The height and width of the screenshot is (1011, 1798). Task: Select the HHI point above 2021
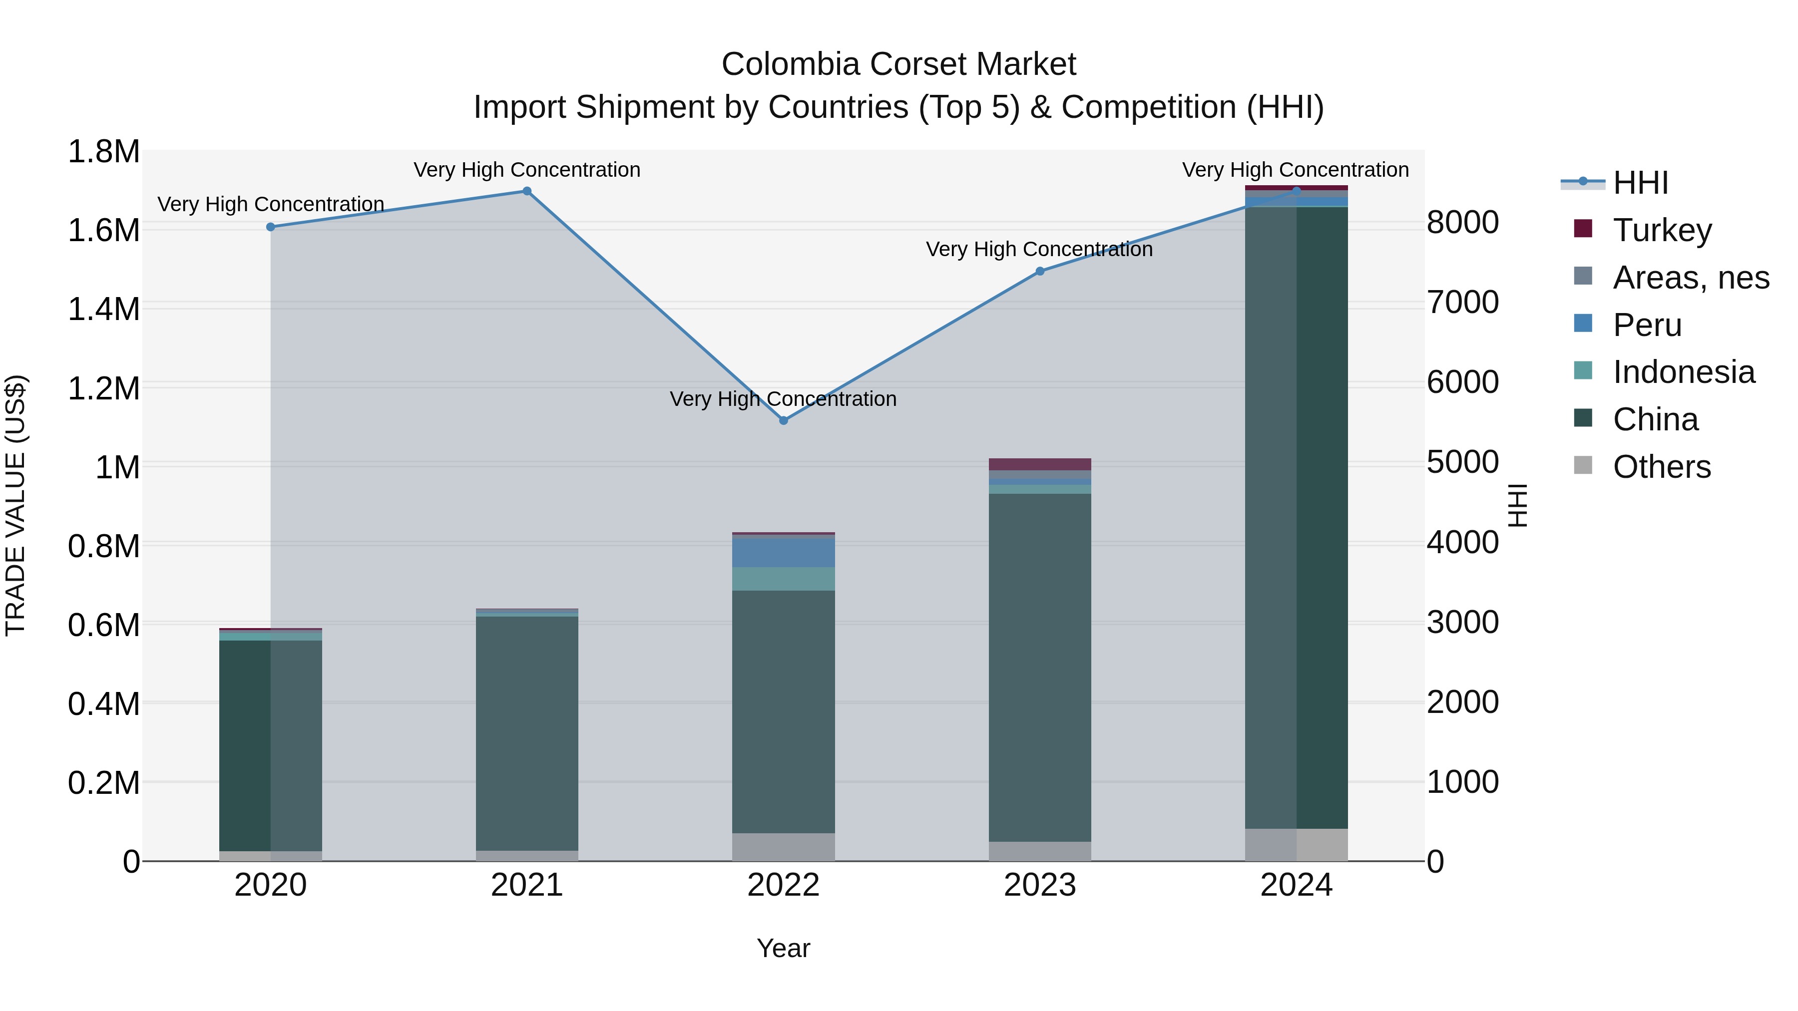click(x=527, y=191)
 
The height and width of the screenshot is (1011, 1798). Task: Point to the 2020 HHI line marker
click(x=271, y=227)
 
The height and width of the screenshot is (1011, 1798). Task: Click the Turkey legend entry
click(x=1662, y=230)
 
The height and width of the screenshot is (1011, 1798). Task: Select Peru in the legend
click(x=1647, y=325)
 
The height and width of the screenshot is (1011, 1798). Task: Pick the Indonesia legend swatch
click(x=1584, y=371)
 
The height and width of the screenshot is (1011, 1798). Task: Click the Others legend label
click(x=1662, y=466)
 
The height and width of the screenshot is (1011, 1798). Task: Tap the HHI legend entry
click(x=1640, y=183)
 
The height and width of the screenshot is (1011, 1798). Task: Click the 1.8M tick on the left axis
click(x=104, y=151)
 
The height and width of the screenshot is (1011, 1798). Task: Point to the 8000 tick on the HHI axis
click(x=1462, y=223)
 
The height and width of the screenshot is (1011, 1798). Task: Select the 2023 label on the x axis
click(x=1040, y=885)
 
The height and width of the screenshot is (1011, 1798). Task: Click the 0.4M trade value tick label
click(x=104, y=704)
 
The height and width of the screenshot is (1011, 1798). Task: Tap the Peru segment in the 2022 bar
click(x=783, y=553)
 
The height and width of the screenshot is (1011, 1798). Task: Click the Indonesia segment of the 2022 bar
click(x=783, y=579)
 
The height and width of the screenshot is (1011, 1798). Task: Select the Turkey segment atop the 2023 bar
click(x=1040, y=464)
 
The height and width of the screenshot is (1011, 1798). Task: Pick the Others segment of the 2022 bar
click(x=783, y=846)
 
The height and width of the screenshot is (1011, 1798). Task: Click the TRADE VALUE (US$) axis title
click(x=15, y=505)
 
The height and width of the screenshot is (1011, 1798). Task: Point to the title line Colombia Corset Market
click(x=899, y=64)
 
